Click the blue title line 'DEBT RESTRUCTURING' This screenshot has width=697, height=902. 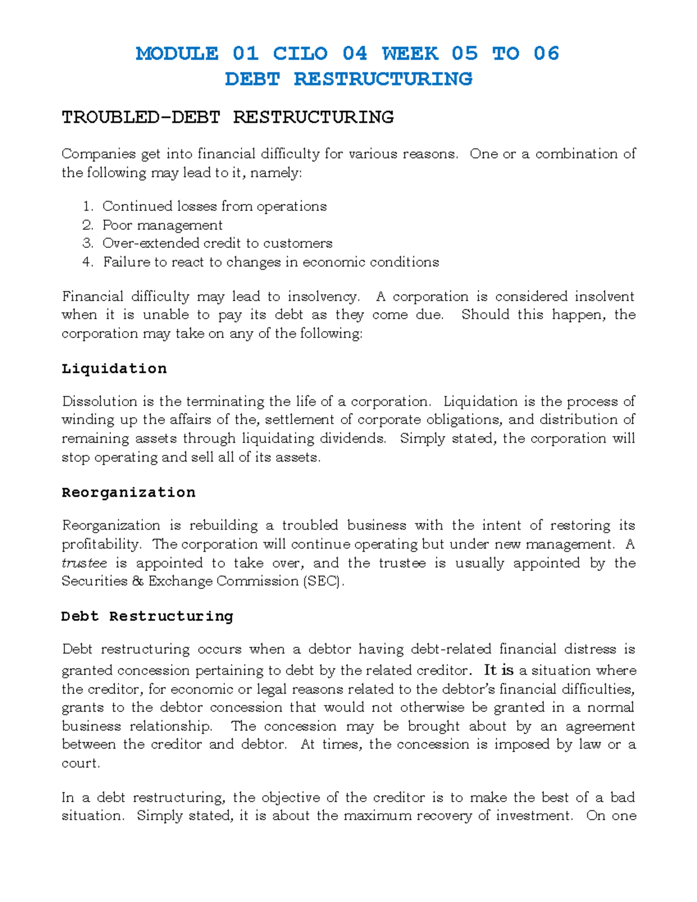point(348,79)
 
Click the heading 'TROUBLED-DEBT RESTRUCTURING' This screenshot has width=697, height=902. point(228,117)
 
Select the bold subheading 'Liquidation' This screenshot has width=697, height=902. point(114,369)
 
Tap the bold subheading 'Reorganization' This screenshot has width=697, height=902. point(128,493)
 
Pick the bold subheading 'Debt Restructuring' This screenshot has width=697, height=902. point(147,616)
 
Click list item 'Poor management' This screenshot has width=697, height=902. point(162,225)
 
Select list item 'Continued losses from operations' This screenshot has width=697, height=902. point(214,206)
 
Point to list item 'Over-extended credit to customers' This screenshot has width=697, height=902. point(217,243)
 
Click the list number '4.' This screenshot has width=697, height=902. point(88,262)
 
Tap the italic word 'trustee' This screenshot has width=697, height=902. point(84,563)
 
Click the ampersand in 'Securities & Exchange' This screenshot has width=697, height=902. point(138,581)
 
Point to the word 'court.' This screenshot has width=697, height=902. point(81,763)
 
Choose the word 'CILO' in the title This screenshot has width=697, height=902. point(300,53)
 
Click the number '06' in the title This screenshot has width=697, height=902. point(546,53)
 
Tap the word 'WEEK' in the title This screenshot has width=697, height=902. point(409,53)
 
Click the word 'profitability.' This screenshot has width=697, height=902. point(101,544)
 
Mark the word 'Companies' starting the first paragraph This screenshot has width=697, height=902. point(98,154)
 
